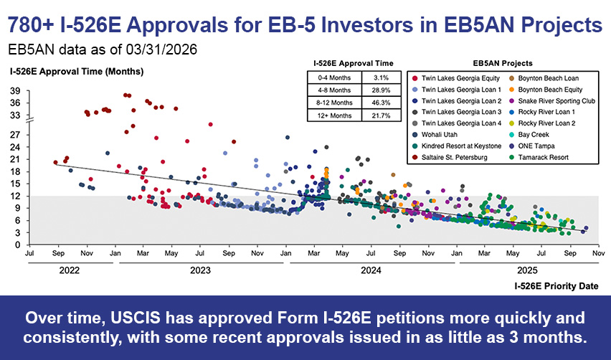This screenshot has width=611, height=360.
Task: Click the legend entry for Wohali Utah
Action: click(440, 134)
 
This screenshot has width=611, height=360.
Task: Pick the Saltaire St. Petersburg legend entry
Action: click(453, 157)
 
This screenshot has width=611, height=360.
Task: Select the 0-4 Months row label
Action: click(334, 77)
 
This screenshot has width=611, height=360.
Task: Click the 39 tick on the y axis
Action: click(14, 91)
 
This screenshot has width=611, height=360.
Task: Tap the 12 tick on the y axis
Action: click(14, 196)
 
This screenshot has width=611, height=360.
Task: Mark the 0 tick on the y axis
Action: click(16, 245)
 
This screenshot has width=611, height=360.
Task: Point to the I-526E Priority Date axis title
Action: click(556, 285)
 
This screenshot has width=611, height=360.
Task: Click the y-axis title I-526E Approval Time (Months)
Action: click(76, 72)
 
